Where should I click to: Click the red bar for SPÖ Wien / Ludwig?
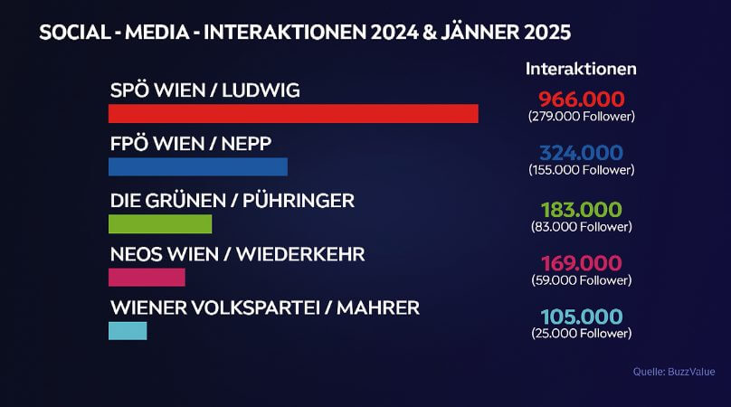[293, 114]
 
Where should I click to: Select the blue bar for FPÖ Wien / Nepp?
[197, 167]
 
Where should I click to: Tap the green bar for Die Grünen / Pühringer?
[159, 223]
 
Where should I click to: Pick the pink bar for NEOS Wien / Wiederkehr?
[147, 277]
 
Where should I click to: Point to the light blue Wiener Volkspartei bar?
[128, 331]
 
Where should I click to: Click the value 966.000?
[582, 99]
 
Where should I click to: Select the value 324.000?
[582, 153]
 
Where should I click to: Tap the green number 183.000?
[582, 209]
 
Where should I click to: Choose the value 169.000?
[582, 263]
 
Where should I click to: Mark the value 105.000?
[582, 317]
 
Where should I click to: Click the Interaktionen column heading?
[582, 69]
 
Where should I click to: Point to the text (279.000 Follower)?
[582, 117]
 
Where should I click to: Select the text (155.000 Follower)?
[582, 170]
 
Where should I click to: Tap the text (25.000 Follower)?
[582, 334]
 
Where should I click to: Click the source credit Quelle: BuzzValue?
[674, 372]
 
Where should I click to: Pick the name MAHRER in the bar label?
[379, 308]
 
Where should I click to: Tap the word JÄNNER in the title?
[470, 33]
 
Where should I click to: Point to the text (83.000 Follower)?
[582, 226]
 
